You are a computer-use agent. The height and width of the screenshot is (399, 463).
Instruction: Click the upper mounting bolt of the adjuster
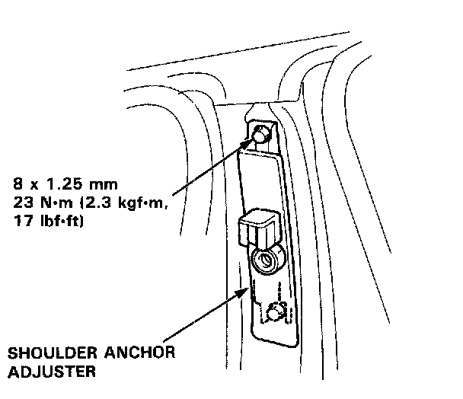pyautogui.click(x=260, y=136)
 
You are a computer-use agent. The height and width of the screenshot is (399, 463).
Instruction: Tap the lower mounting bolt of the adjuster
pyautogui.click(x=276, y=311)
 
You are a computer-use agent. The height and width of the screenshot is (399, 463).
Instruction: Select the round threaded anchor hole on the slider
pyautogui.click(x=267, y=261)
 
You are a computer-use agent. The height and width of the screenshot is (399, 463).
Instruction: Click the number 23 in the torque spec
pyautogui.click(x=22, y=204)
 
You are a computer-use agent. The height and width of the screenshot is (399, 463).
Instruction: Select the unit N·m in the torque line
pyautogui.click(x=54, y=204)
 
